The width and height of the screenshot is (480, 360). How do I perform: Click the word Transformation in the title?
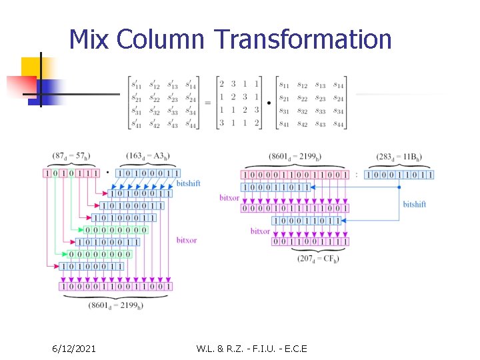coord(303,39)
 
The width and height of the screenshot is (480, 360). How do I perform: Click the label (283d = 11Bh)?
coord(399,157)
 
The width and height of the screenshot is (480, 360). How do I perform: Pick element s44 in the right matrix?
coord(339,123)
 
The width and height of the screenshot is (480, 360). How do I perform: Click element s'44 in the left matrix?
coord(191,123)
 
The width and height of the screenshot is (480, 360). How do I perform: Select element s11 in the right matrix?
coord(285,85)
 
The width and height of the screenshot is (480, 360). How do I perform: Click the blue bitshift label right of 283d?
coord(414,204)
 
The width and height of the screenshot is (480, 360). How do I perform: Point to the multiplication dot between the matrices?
coord(269,103)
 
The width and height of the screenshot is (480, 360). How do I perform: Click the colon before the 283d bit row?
coord(356,175)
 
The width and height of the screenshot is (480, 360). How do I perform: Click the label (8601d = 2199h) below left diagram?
coord(117,306)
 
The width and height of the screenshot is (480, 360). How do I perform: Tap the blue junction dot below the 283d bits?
coord(399,187)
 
